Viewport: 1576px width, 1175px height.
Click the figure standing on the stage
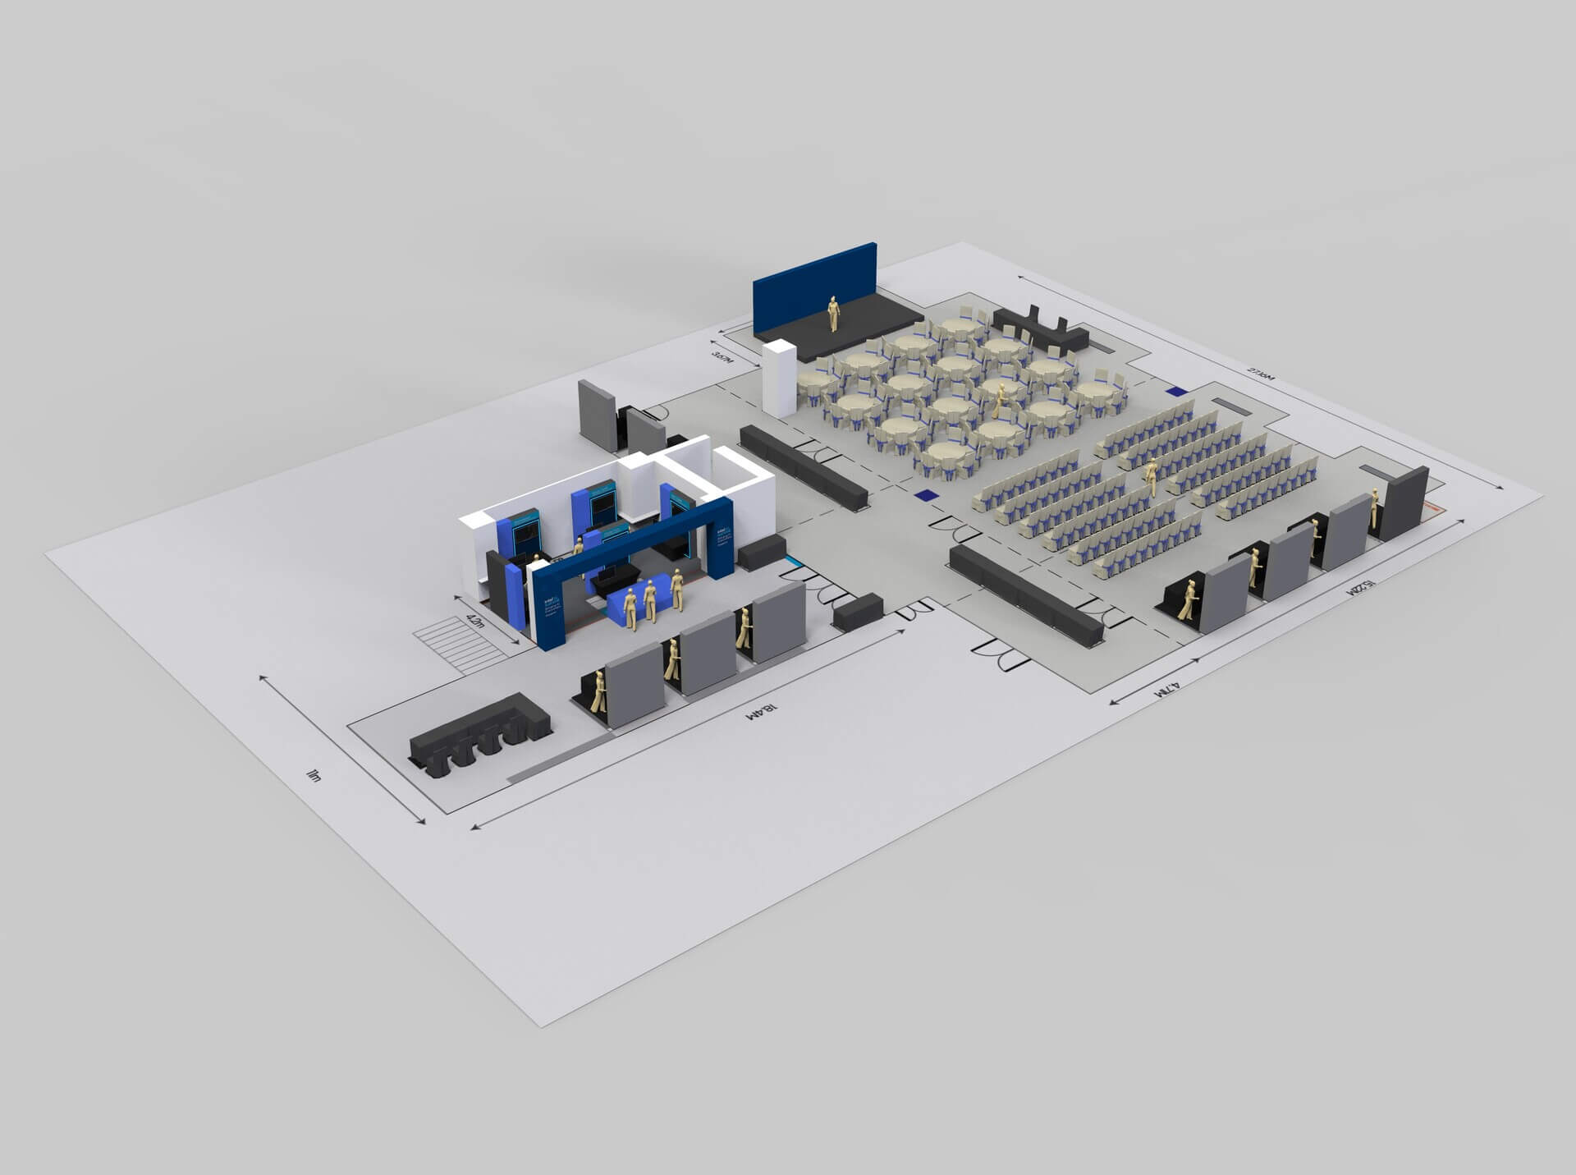834,314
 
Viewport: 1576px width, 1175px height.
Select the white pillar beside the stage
779,379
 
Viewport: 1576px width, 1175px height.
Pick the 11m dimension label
312,774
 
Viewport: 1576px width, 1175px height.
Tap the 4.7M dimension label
1166,688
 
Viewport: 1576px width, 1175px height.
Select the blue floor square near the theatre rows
925,495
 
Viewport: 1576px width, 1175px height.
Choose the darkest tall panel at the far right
1404,503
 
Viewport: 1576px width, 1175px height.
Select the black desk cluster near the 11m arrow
476,735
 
